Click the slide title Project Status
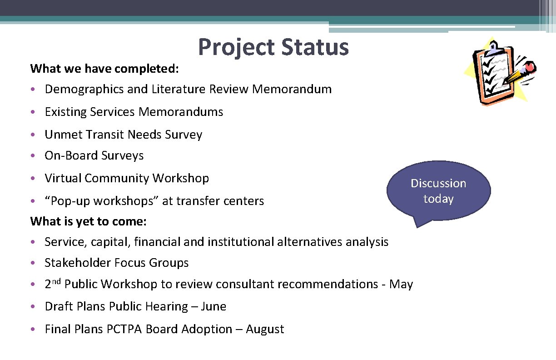[273, 47]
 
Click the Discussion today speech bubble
[438, 191]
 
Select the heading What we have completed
[104, 69]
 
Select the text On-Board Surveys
[94, 155]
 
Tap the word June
[213, 307]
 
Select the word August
[265, 330]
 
